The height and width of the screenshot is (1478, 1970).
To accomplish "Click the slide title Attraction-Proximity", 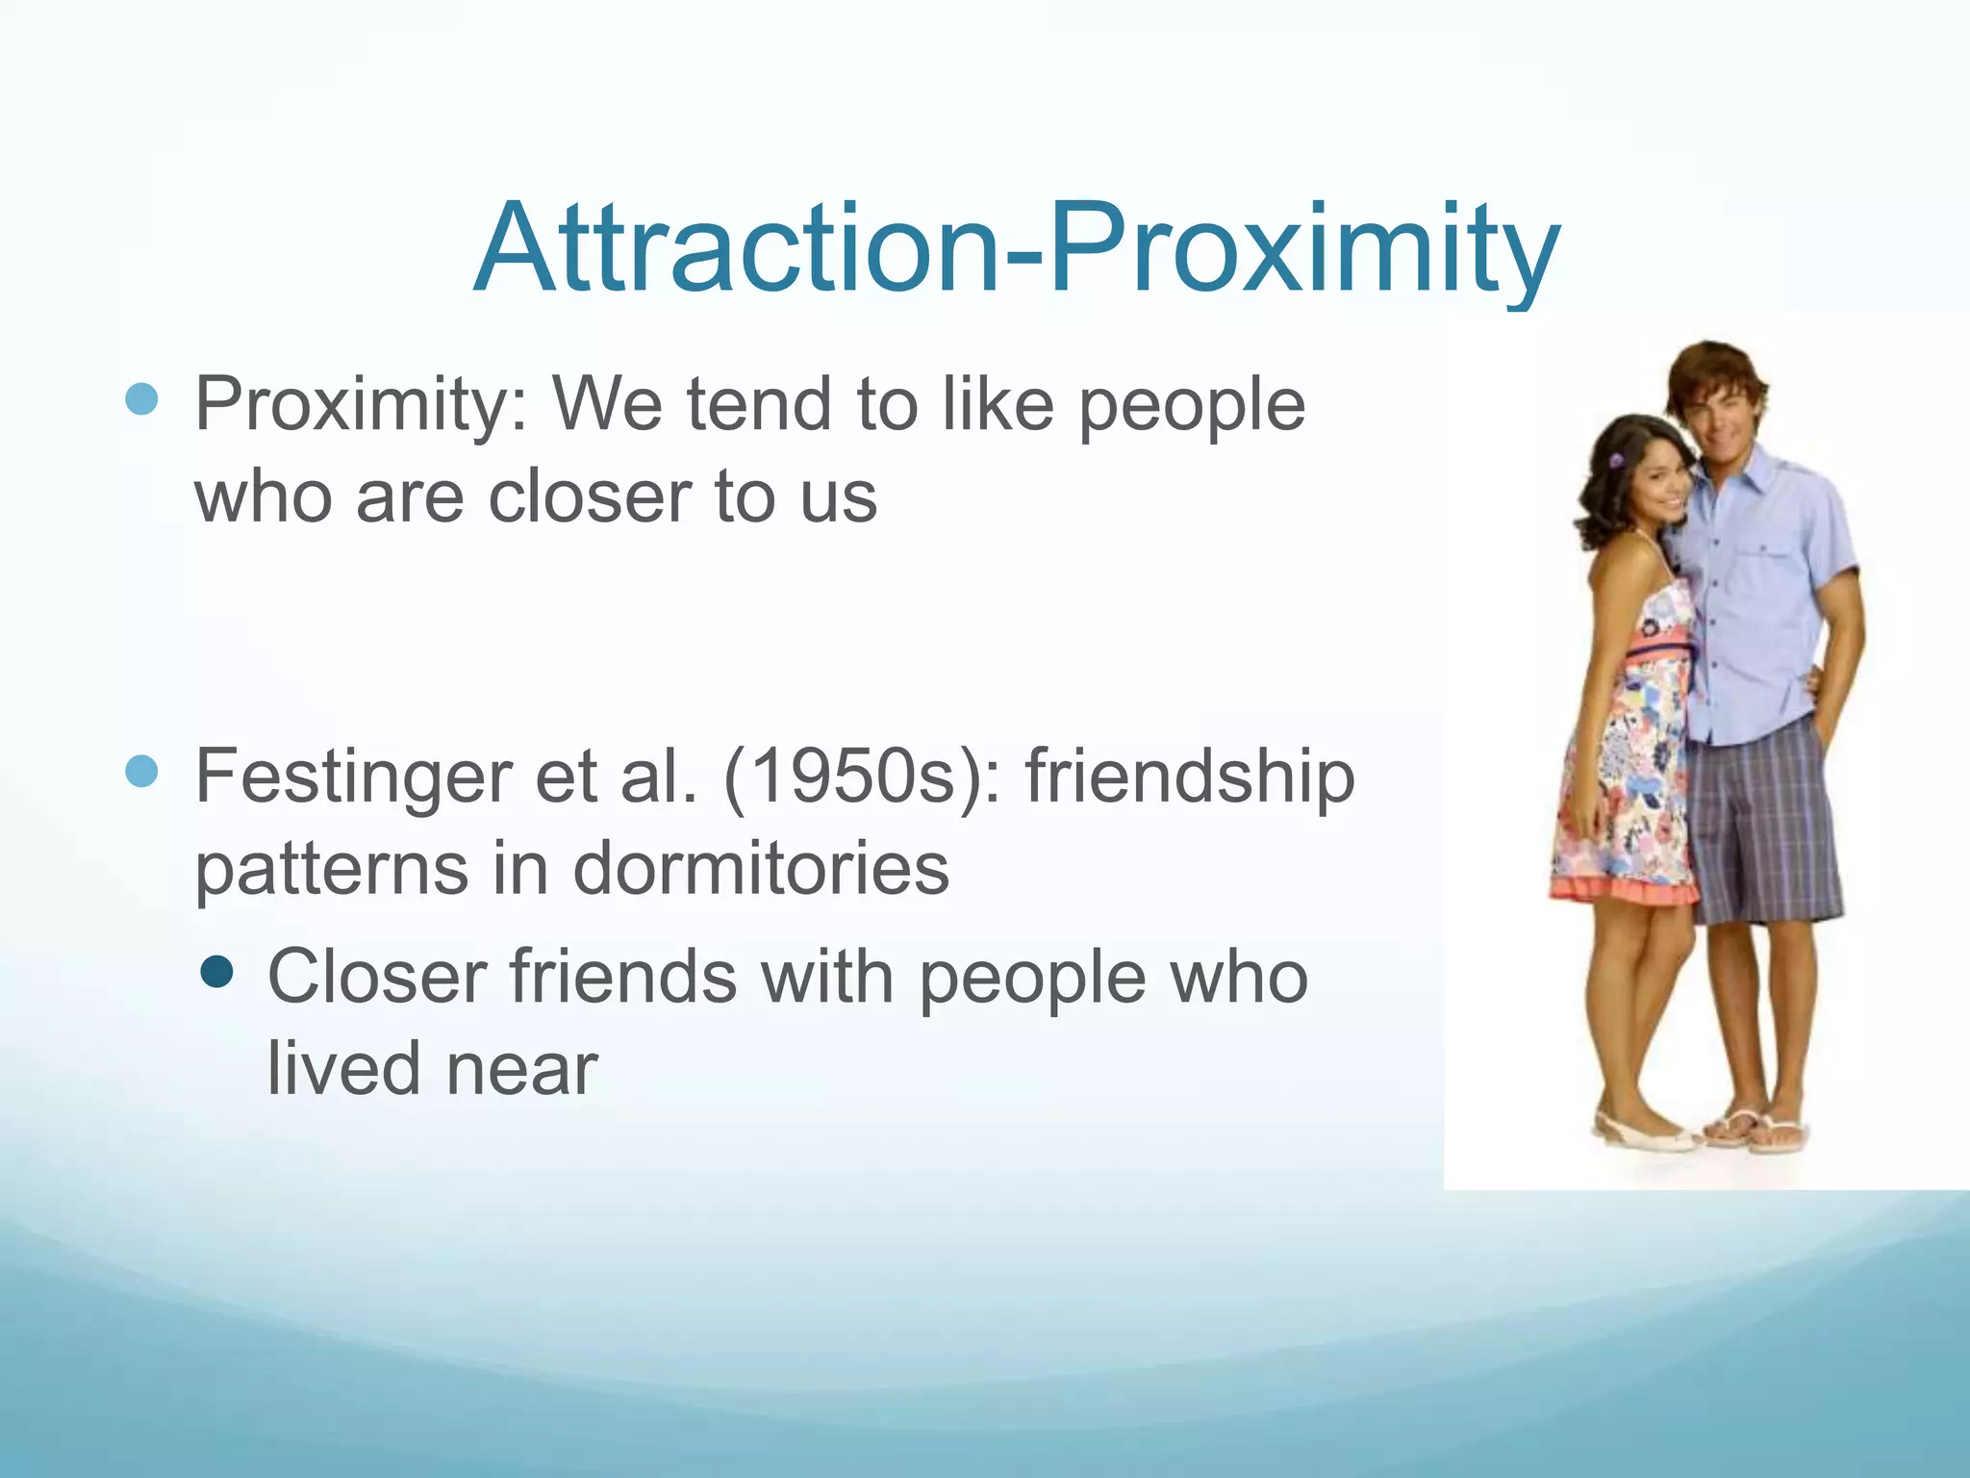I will (1016, 248).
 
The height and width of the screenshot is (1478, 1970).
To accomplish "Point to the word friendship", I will (1190, 777).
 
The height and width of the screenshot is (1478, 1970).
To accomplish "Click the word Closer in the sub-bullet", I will (376, 978).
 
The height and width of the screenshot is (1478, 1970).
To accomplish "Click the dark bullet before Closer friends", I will (218, 974).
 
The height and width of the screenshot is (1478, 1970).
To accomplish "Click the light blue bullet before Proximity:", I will (141, 399).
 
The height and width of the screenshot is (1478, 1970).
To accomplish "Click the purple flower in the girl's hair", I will (1616, 461).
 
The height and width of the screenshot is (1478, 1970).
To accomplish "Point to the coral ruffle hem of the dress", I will (1626, 891).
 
